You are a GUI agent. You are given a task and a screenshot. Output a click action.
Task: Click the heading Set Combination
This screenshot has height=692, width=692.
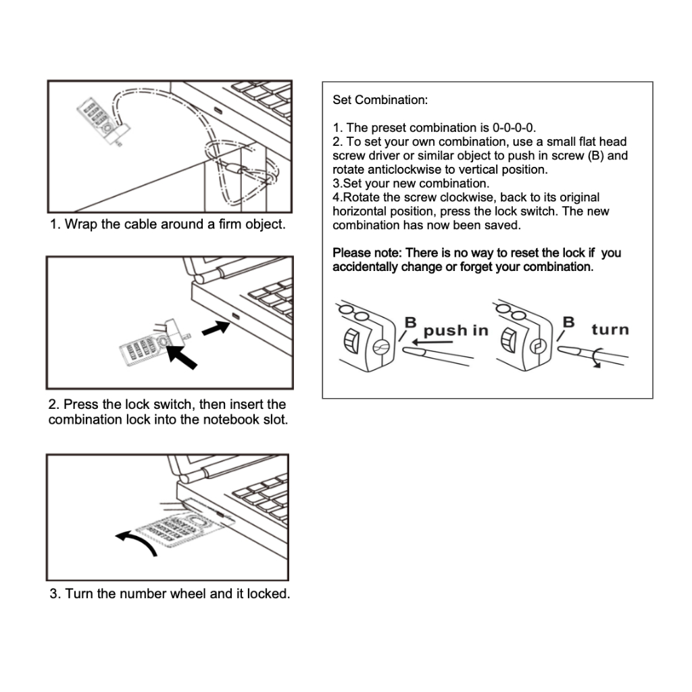[380, 101]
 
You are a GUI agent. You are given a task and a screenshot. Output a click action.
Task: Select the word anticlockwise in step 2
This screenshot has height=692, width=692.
[405, 170]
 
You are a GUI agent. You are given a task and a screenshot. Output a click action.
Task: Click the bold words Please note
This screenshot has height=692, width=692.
[364, 253]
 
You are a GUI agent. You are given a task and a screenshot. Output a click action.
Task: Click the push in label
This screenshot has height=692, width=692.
[455, 330]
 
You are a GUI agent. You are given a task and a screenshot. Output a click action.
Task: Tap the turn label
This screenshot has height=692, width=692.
[610, 330]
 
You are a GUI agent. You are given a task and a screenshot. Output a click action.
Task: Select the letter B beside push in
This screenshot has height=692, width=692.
[410, 322]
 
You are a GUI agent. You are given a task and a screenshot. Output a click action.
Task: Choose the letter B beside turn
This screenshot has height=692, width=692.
[569, 322]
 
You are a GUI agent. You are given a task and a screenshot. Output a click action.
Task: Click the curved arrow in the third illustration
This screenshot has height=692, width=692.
[137, 541]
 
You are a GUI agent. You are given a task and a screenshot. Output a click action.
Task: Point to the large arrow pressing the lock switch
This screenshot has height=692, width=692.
[183, 355]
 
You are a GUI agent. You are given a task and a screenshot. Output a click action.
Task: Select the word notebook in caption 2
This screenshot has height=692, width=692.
[230, 420]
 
